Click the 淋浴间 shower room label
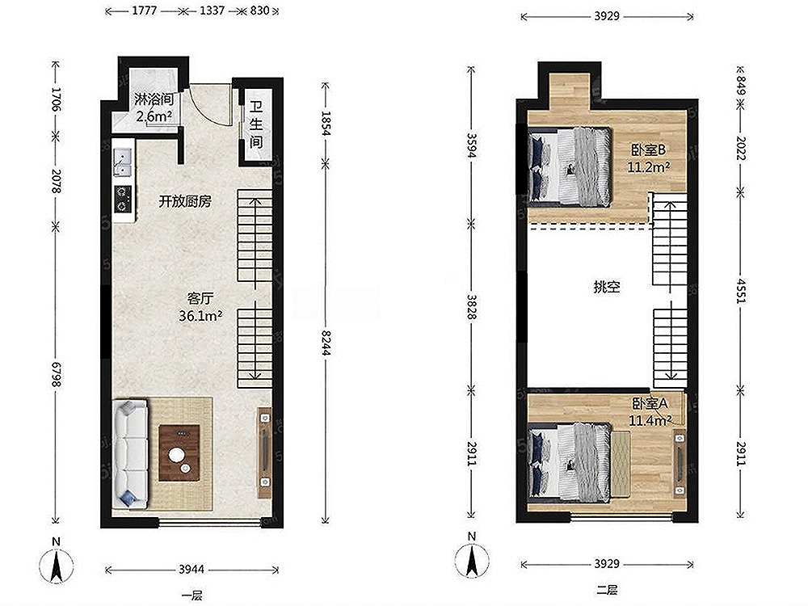(x=154, y=99)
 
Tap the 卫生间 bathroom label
(x=256, y=124)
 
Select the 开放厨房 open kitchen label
(x=184, y=201)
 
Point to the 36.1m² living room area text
(x=200, y=315)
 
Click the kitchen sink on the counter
(x=123, y=162)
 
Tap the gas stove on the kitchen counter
(x=123, y=199)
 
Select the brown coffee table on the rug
(x=179, y=453)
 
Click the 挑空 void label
(x=607, y=287)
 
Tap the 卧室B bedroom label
(x=649, y=150)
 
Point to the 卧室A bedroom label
(x=650, y=403)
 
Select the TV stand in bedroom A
(x=680, y=463)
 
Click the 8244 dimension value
(x=325, y=342)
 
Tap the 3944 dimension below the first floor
(x=191, y=570)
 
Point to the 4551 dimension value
(x=741, y=291)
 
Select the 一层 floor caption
(x=191, y=596)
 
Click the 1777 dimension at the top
(x=145, y=11)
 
